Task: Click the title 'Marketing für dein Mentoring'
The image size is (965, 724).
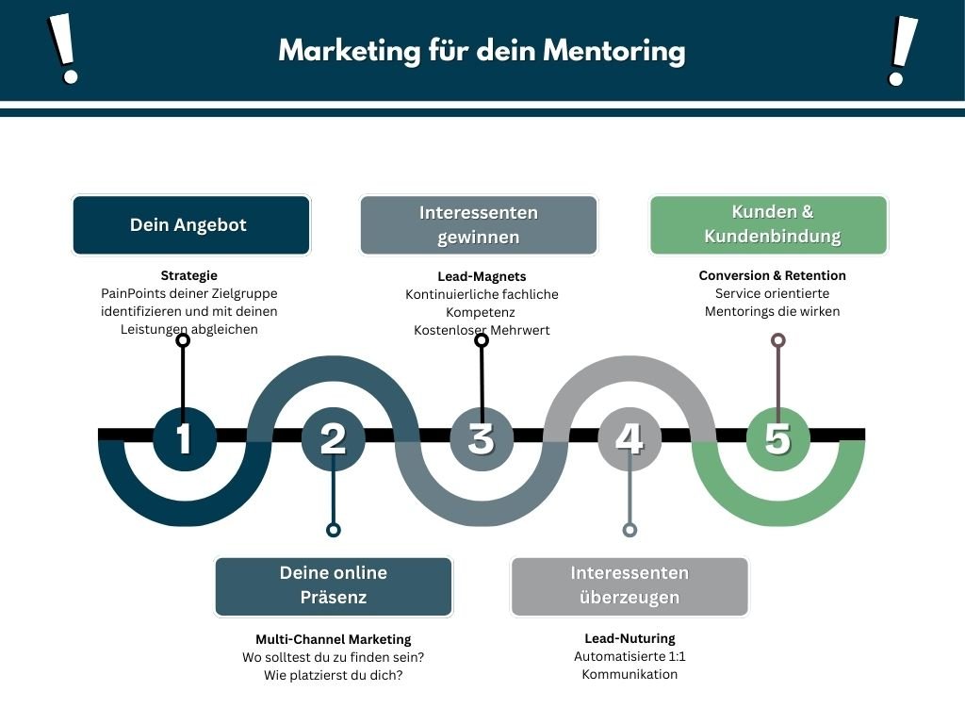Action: pyautogui.click(x=482, y=50)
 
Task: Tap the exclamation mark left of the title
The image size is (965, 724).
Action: pyautogui.click(x=63, y=50)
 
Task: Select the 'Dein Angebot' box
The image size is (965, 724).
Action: pyautogui.click(x=190, y=225)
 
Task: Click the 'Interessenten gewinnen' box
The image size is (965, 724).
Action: pyautogui.click(x=479, y=225)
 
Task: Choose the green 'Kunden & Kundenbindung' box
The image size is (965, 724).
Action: pyautogui.click(x=769, y=225)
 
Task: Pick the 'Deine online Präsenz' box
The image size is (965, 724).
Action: pyautogui.click(x=334, y=585)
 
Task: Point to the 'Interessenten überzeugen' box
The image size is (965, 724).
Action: pyautogui.click(x=630, y=585)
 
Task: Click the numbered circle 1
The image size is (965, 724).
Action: pyautogui.click(x=184, y=438)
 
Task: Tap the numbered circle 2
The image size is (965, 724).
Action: pyautogui.click(x=333, y=438)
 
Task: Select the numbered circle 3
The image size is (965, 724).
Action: pyautogui.click(x=482, y=438)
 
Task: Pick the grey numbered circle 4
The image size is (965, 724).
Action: pyautogui.click(x=630, y=438)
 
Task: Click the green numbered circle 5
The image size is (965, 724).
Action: pyautogui.click(x=777, y=438)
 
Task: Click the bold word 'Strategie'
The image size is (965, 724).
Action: pyautogui.click(x=189, y=275)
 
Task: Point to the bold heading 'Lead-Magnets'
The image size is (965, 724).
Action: pyautogui.click(x=482, y=276)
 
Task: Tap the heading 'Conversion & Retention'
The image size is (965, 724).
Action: pyautogui.click(x=772, y=275)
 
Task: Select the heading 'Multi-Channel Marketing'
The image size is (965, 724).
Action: pyautogui.click(x=334, y=639)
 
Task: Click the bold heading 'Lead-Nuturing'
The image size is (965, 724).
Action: pyautogui.click(x=630, y=638)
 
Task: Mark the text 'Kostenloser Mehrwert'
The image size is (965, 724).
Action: pyautogui.click(x=482, y=330)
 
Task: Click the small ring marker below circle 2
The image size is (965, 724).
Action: pyautogui.click(x=333, y=530)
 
